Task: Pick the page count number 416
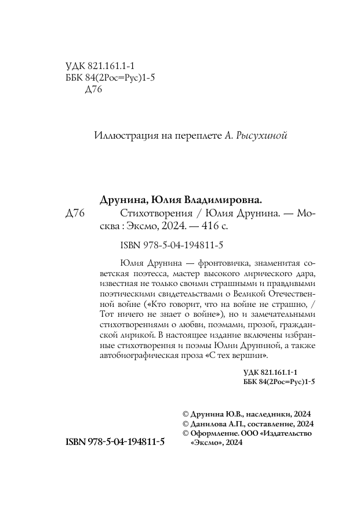click(x=196, y=227)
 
